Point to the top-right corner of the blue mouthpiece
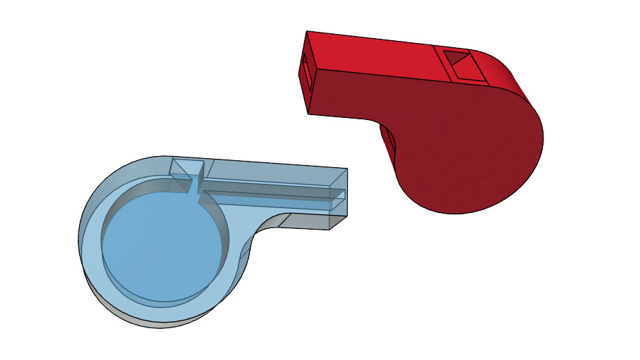click(x=347, y=169)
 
